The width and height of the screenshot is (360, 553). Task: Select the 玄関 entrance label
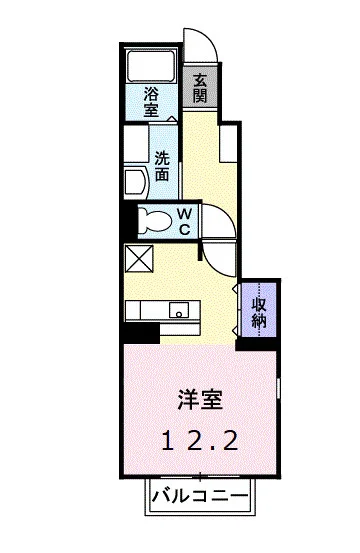[201, 88]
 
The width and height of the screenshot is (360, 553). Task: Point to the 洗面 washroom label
[162, 163]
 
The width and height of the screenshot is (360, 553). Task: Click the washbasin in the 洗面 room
[133, 180]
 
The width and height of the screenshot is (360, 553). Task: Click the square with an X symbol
[137, 259]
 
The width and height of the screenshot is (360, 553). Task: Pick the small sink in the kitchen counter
[179, 309]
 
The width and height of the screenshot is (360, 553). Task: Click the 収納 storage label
[258, 311]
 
